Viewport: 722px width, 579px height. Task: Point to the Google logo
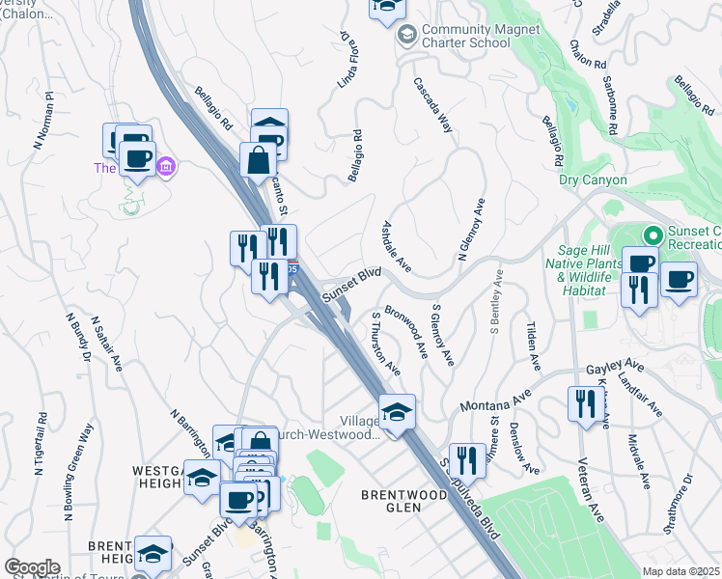[32, 567]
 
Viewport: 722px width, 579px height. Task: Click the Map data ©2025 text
[680, 571]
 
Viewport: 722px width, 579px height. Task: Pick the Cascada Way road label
[433, 103]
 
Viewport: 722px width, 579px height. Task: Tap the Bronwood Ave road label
[406, 330]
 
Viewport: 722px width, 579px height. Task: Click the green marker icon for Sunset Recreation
[653, 234]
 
